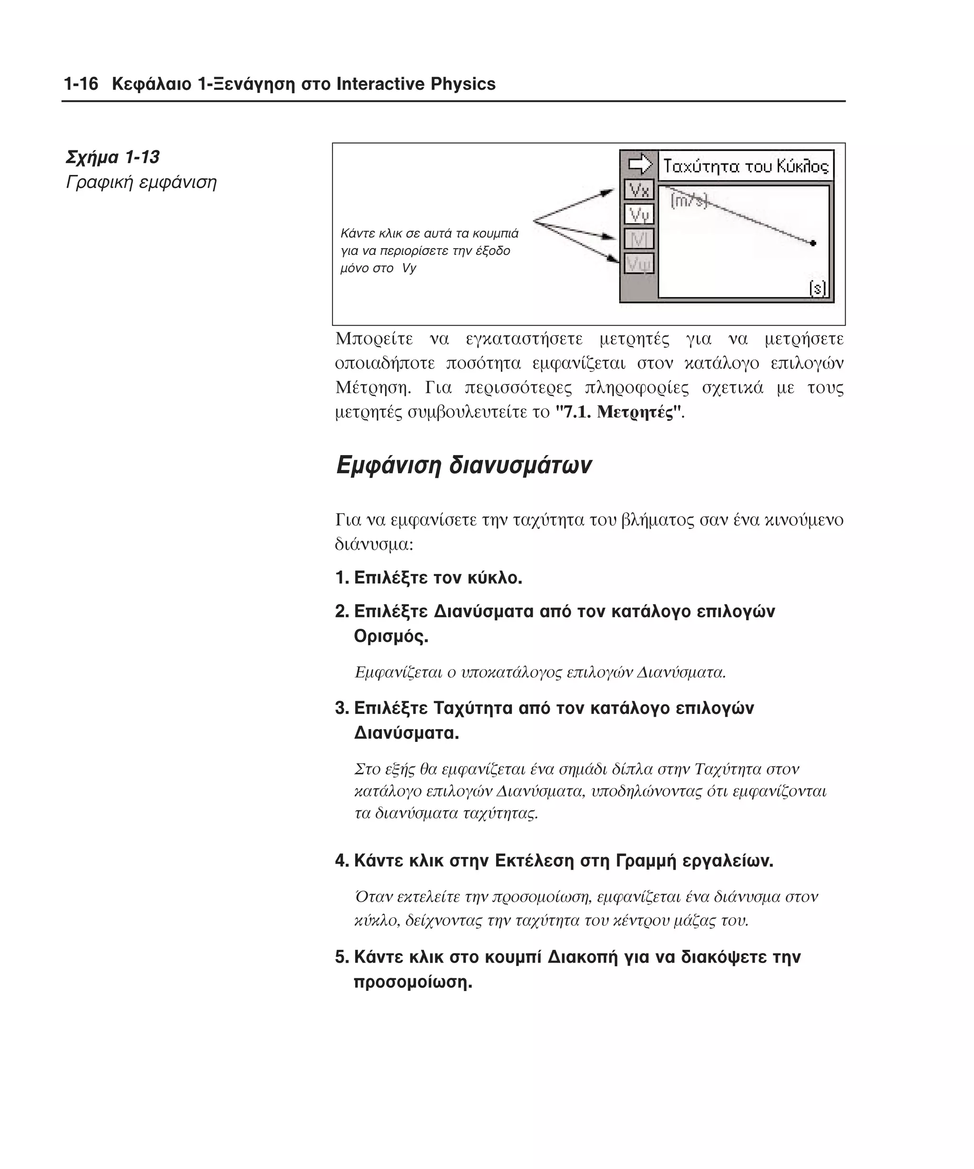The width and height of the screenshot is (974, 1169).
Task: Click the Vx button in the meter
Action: (638, 190)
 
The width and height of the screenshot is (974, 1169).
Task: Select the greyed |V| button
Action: (638, 239)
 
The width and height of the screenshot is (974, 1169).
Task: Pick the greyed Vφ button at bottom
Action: (638, 263)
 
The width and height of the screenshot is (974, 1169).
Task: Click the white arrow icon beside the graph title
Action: (640, 164)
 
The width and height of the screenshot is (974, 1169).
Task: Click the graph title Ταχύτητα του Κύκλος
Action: (745, 166)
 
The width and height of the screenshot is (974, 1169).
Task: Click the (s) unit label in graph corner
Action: (817, 288)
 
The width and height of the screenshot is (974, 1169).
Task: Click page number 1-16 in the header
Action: (81, 84)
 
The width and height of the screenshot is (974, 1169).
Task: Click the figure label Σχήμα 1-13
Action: (112, 157)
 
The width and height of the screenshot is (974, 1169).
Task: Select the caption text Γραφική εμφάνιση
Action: (141, 182)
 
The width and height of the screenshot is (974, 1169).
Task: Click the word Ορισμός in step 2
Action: (391, 636)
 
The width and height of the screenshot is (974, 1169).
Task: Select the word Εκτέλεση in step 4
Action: (534, 861)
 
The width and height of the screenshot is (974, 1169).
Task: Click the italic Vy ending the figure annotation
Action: (409, 268)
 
